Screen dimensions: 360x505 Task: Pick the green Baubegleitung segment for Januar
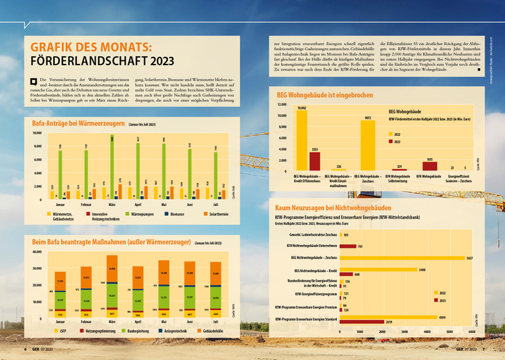pos(60,300)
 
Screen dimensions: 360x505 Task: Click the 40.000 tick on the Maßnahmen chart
pos(37,251)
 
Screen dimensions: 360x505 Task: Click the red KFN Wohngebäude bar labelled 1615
pos(430,166)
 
